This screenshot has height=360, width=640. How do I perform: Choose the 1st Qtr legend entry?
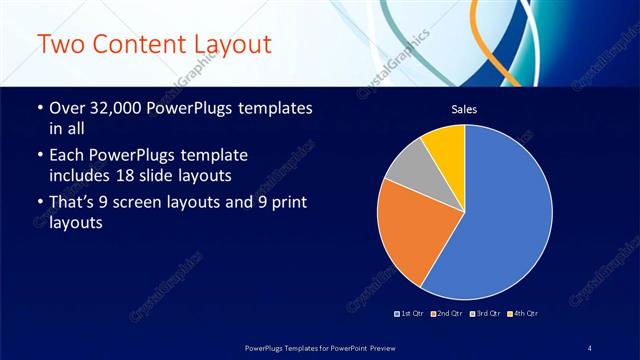coord(410,313)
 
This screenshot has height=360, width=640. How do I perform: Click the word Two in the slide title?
coord(63,46)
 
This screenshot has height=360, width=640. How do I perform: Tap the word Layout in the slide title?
coord(231,46)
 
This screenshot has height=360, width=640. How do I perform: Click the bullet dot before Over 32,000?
coord(39,108)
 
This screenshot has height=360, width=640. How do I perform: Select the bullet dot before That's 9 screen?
coord(39,204)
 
